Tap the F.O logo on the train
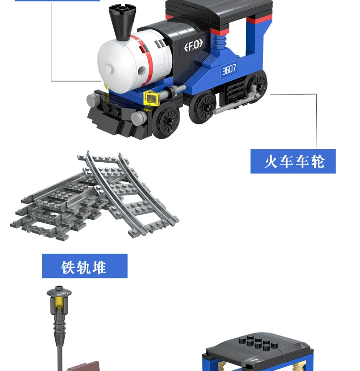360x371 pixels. pyautogui.click(x=193, y=45)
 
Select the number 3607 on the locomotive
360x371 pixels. pyautogui.click(x=229, y=70)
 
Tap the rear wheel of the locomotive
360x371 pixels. pyautogui.click(x=258, y=85)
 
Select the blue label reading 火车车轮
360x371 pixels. pyautogui.click(x=293, y=161)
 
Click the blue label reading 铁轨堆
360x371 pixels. pyautogui.click(x=85, y=266)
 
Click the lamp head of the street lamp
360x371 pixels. pyautogui.click(x=59, y=292)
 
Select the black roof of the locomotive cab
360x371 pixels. pyautogui.click(x=219, y=10)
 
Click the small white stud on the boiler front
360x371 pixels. pyautogui.click(x=109, y=69)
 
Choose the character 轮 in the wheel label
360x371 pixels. pyautogui.click(x=318, y=162)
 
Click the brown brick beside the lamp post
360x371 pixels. pyautogui.click(x=83, y=366)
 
